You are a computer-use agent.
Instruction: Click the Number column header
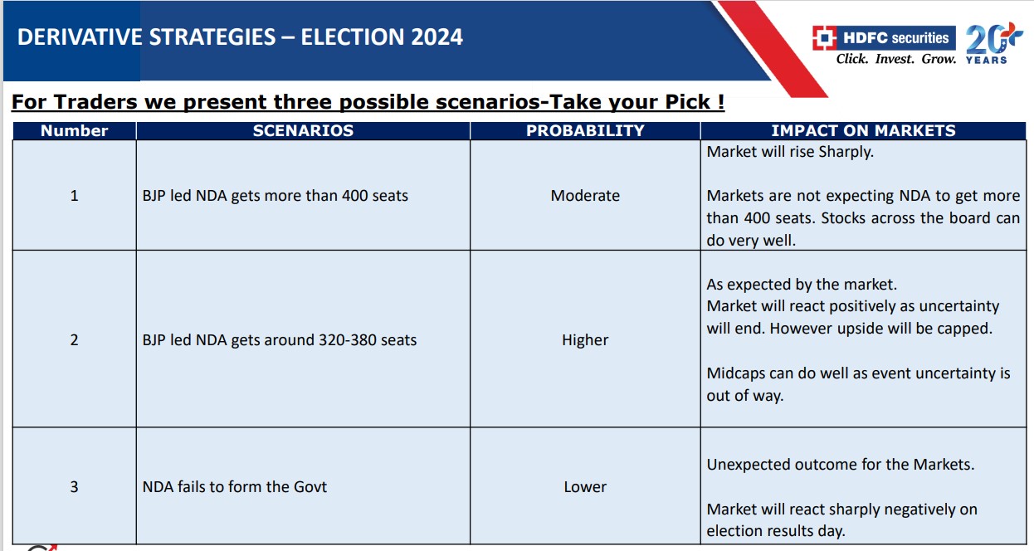(x=75, y=131)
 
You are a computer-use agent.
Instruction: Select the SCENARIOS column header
(x=303, y=131)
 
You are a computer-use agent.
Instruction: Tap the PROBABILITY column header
(x=585, y=131)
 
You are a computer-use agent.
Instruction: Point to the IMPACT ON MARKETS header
(x=864, y=131)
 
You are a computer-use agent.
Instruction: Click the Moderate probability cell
(x=585, y=196)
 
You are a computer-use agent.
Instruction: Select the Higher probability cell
(x=585, y=340)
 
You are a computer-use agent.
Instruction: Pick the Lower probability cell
(x=585, y=487)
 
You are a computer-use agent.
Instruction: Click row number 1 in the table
(x=75, y=196)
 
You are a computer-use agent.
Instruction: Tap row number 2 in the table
(x=75, y=340)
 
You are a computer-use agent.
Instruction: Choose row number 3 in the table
(x=75, y=487)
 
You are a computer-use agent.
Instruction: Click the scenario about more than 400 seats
(x=276, y=196)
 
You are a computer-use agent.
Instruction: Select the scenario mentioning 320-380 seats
(x=280, y=340)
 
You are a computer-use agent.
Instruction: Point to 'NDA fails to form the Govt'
(x=235, y=487)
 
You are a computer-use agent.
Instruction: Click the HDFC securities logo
(x=884, y=38)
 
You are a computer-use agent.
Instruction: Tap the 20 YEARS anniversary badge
(x=990, y=44)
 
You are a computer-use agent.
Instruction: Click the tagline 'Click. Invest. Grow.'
(x=896, y=59)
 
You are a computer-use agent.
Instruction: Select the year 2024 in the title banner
(x=437, y=37)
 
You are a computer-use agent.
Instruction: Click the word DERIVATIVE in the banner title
(x=80, y=37)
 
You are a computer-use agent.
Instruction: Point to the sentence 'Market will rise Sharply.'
(x=790, y=152)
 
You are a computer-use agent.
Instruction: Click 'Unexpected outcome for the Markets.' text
(x=841, y=464)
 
